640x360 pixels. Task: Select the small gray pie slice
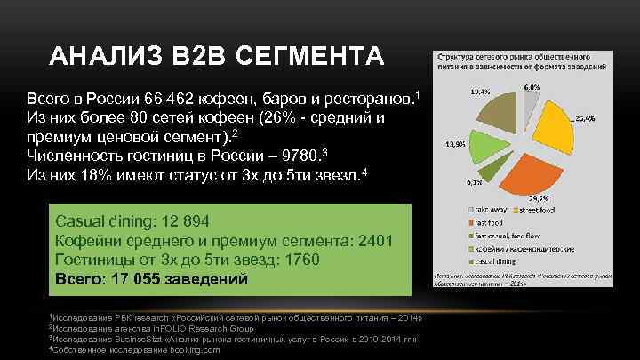coord(529,105)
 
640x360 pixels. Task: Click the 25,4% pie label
coord(585,118)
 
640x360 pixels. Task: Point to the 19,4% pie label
coord(478,91)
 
